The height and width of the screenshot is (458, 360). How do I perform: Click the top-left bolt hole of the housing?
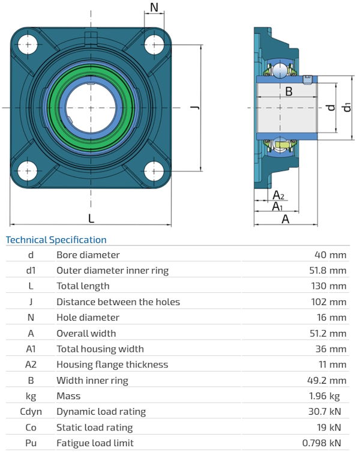coord(28,44)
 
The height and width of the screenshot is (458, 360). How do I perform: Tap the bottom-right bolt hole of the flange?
coord(155,171)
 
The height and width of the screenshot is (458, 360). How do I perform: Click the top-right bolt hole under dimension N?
coord(155,44)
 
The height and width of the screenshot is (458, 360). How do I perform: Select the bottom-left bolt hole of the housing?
coord(28,171)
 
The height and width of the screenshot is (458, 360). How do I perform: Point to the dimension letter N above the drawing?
coord(154,7)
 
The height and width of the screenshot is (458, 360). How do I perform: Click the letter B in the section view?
coord(289,92)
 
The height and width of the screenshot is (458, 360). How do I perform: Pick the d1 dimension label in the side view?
coord(347,107)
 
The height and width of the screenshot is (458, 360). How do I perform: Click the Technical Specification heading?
coord(56,240)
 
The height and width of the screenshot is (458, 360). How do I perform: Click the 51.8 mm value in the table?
coord(329,271)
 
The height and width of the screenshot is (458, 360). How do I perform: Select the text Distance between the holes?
coord(118,302)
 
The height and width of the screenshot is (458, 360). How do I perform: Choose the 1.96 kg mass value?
coord(329,396)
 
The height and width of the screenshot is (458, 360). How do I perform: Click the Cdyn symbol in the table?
coord(31,412)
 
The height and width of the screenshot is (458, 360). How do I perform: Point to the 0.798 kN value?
coord(325,443)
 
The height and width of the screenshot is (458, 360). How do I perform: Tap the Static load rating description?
coord(95,427)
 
